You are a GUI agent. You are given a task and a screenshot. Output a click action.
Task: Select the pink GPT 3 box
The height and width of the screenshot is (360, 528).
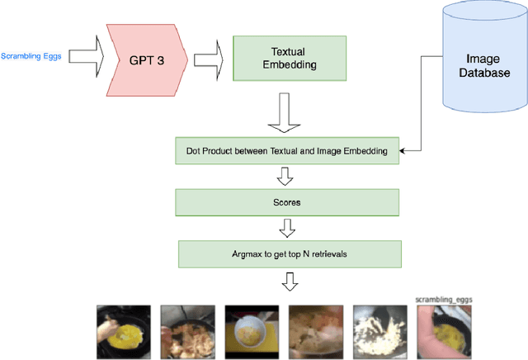pyautogui.click(x=145, y=59)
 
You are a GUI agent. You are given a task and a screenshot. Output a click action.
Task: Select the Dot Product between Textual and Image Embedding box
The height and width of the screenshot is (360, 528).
pyautogui.click(x=288, y=150)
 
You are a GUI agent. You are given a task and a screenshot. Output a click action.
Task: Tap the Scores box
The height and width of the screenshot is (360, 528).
pyautogui.click(x=288, y=201)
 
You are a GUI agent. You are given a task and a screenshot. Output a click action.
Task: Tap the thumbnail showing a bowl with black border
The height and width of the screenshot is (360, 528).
pyautogui.click(x=252, y=332)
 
